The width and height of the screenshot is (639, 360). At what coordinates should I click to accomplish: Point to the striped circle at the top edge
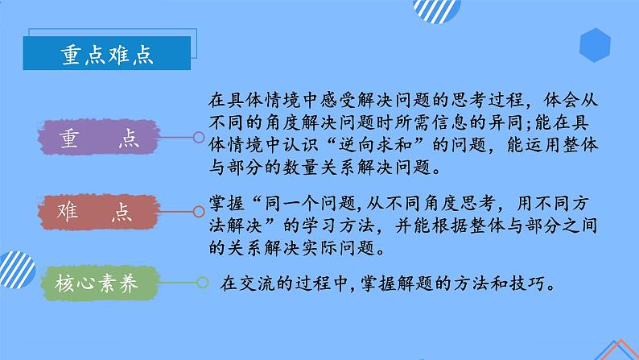point(435,10)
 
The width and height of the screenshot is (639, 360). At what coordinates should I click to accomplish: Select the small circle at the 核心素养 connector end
point(199,283)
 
